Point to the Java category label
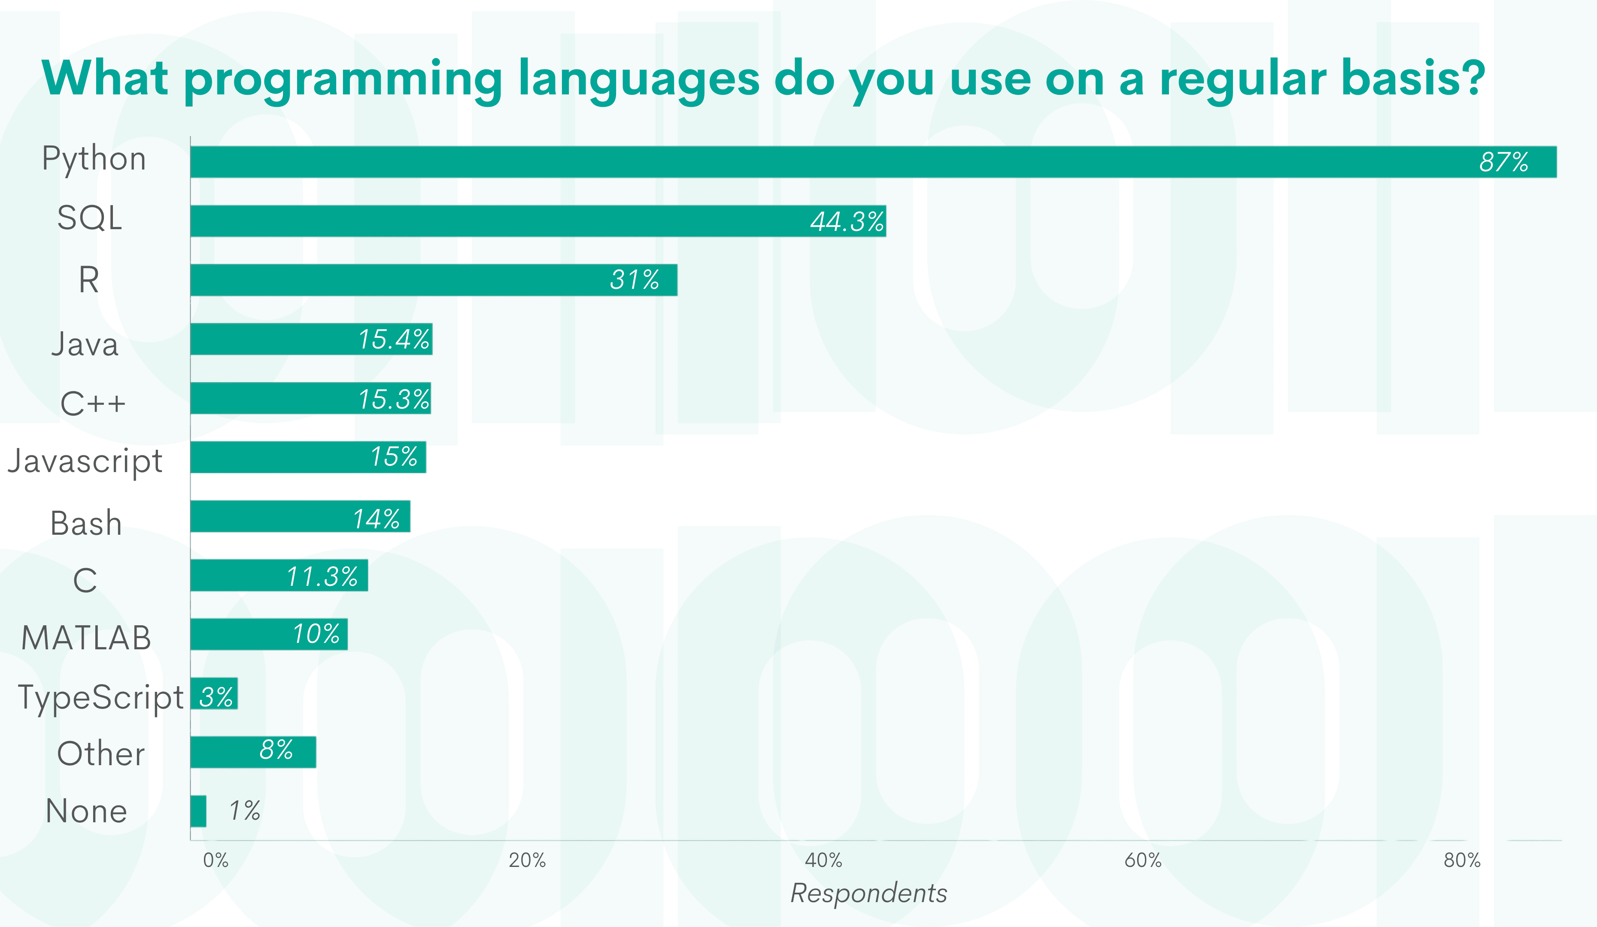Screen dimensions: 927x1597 click(85, 345)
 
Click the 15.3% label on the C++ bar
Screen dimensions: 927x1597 click(394, 399)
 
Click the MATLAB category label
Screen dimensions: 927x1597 click(86, 637)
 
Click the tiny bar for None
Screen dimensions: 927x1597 click(198, 811)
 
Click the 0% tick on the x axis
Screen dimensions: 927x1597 click(216, 860)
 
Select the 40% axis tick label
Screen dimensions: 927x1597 click(823, 860)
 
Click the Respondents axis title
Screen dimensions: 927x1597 click(868, 893)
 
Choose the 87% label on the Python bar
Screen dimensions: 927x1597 click(1503, 162)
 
